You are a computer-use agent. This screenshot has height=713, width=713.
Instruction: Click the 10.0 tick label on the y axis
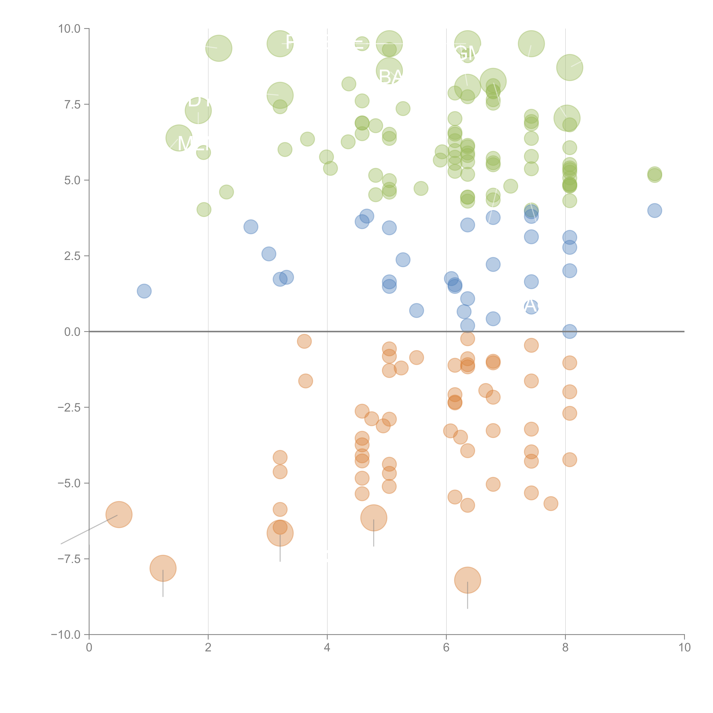69,29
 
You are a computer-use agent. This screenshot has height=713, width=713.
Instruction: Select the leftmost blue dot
144,291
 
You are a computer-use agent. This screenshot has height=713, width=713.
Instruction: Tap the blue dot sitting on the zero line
569,331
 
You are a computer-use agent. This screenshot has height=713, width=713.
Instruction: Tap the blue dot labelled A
531,306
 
